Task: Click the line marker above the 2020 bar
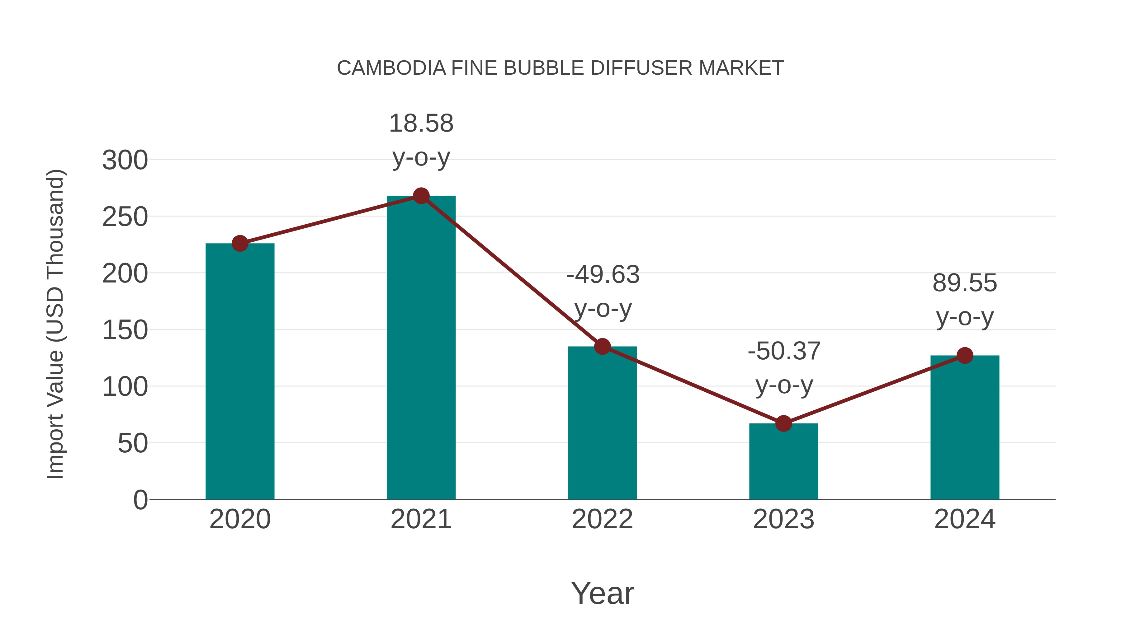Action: click(x=240, y=244)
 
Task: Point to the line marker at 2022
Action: click(x=602, y=347)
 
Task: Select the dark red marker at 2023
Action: click(x=783, y=423)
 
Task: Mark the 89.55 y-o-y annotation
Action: click(x=965, y=300)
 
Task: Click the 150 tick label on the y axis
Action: click(x=125, y=330)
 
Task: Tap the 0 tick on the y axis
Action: click(x=140, y=500)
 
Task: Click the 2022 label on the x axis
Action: click(x=602, y=519)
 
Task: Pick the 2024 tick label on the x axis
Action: click(x=965, y=519)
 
